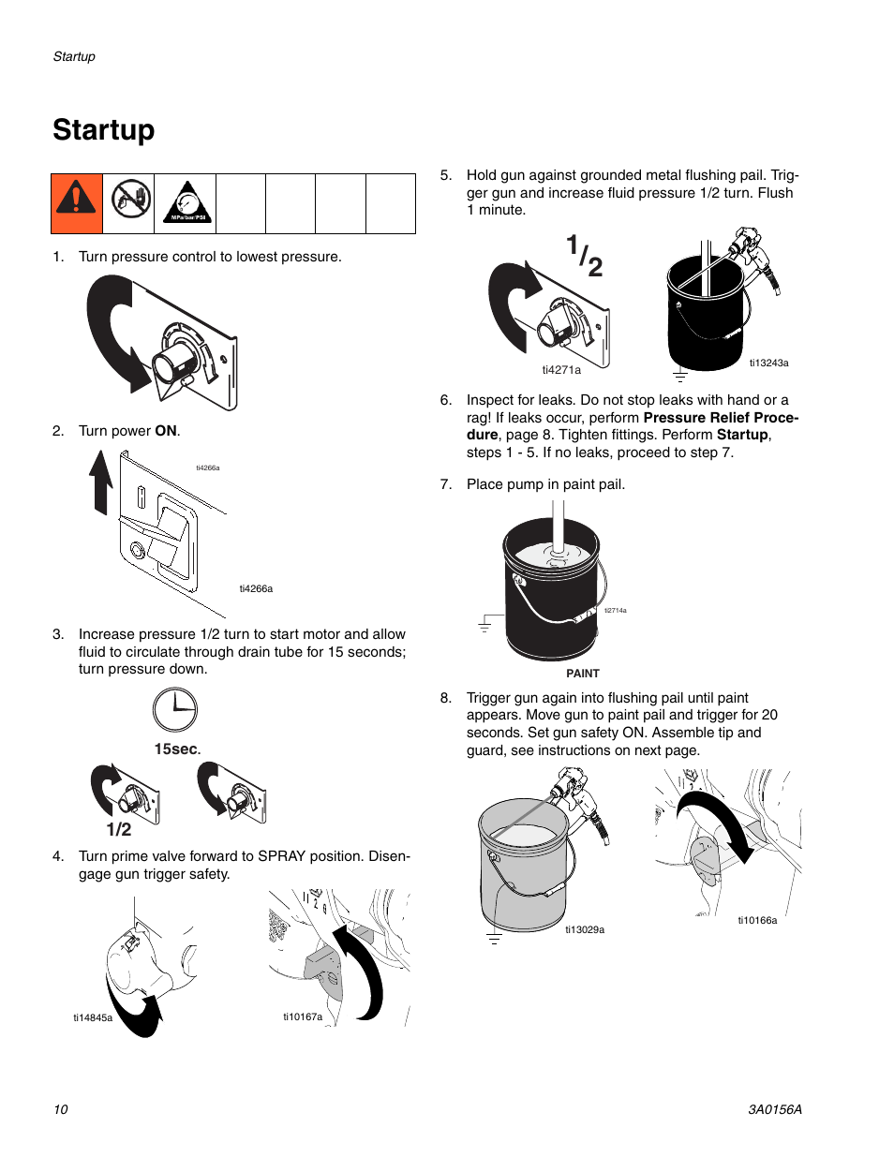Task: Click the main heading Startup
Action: coord(104,129)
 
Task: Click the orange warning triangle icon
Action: coord(77,202)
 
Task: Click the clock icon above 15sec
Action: coord(175,710)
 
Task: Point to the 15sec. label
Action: coord(177,749)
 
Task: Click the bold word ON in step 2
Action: coord(166,431)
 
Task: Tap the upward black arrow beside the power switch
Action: coord(101,482)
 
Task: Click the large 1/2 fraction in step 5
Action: coord(585,256)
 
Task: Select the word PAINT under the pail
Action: coord(583,674)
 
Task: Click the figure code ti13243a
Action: coord(768,363)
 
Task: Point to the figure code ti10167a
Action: coord(303,1016)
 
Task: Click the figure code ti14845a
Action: coord(93,1017)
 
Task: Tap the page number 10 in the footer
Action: coord(61,1109)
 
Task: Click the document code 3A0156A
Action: coord(774,1109)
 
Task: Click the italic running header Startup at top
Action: coord(74,56)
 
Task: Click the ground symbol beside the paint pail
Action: coord(484,625)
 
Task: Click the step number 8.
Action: coord(446,698)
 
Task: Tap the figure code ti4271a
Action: coord(561,370)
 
